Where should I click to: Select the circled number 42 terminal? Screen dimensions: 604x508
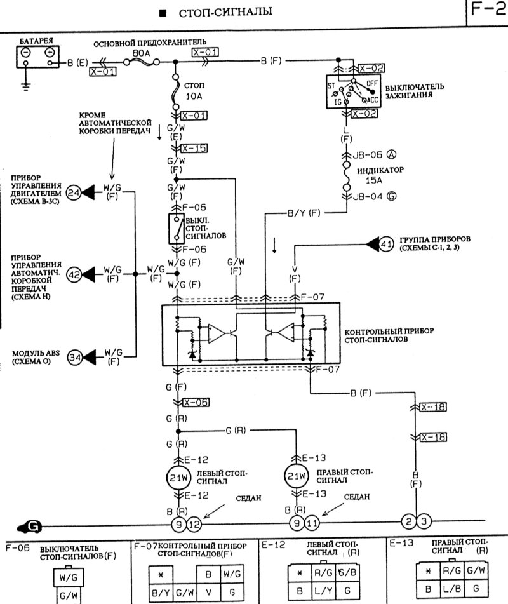tap(74, 274)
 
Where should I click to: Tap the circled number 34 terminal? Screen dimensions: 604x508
tap(74, 357)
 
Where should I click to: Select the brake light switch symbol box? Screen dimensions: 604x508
tap(175, 229)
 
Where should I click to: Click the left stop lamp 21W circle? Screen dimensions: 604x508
tap(176, 477)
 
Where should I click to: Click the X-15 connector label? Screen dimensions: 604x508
tap(194, 148)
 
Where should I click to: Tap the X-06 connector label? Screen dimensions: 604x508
tap(195, 402)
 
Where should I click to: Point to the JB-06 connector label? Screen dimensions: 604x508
tap(364, 154)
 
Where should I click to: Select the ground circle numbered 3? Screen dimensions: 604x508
tap(424, 522)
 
